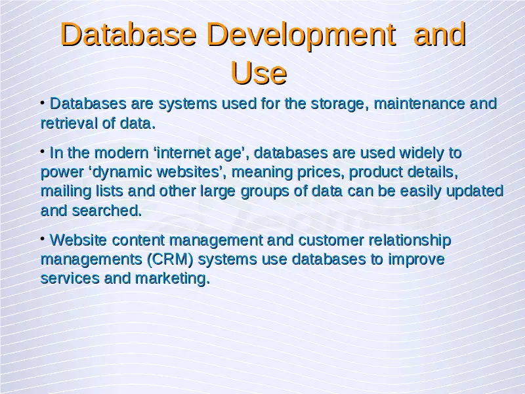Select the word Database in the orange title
click(128, 34)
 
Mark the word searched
click(107, 211)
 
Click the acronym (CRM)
click(170, 259)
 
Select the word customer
click(331, 240)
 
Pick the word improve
click(416, 260)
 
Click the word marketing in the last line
click(172, 279)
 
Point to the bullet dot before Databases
click(43, 102)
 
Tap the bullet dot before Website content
click(43, 239)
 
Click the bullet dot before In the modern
click(43, 152)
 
